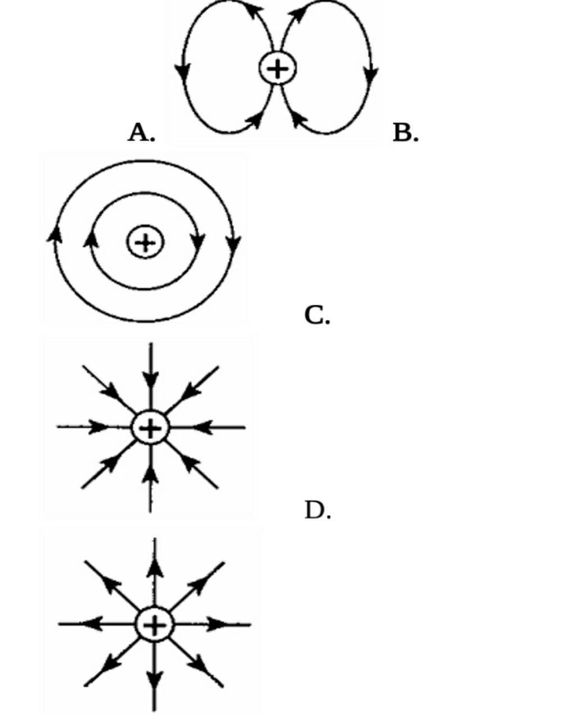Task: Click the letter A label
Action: pos(140,133)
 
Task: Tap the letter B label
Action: pos(404,133)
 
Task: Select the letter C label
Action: pos(316,315)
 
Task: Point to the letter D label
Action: pos(317,510)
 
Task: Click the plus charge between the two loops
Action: pos(277,69)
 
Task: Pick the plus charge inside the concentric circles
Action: pos(145,243)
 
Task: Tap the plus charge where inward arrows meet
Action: pos(150,429)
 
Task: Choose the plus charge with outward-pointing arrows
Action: pos(155,624)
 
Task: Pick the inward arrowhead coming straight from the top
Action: pos(150,379)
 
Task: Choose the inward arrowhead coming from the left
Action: pos(100,427)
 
